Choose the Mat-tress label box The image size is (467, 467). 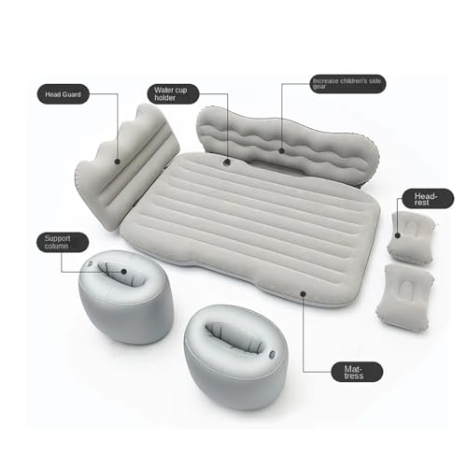(357, 371)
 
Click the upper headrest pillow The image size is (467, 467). (407, 235)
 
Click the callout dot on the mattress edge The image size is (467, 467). (304, 292)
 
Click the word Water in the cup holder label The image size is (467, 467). (165, 91)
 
